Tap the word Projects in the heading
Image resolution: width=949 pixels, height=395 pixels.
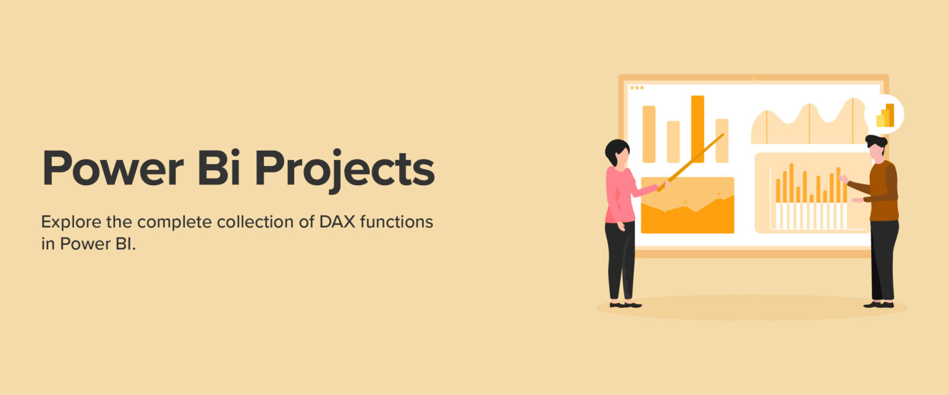345,168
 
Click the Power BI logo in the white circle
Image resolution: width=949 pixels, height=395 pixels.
885,115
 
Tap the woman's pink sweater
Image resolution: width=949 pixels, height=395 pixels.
620,194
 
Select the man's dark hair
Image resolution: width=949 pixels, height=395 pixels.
876,141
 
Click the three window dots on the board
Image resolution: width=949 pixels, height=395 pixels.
636,88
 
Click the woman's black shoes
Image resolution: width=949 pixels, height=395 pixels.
625,304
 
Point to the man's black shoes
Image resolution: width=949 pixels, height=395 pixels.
879,304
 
